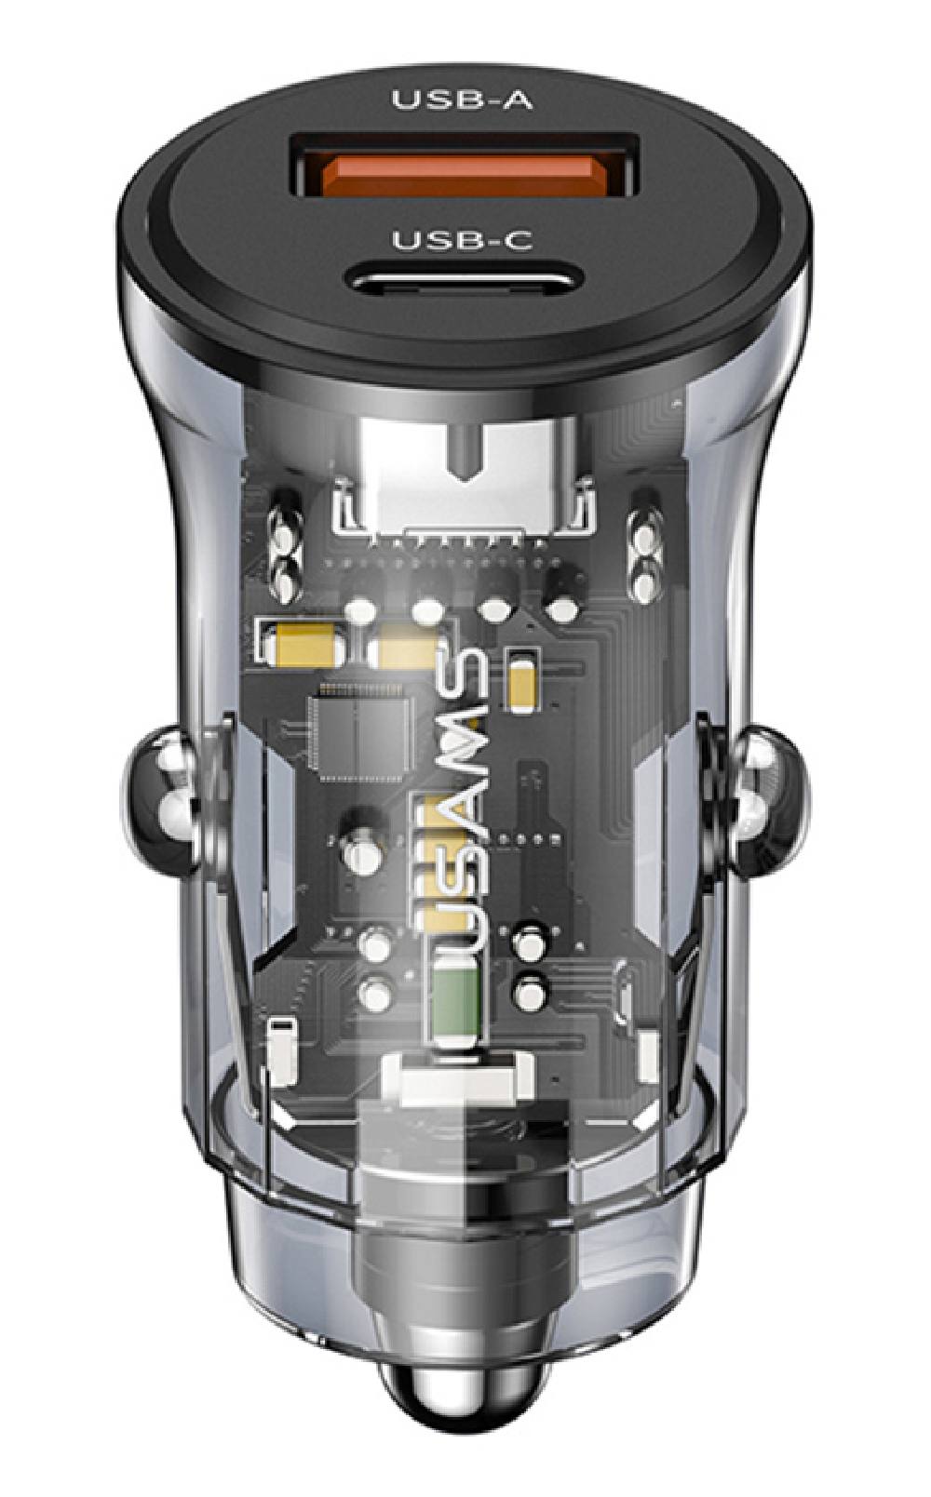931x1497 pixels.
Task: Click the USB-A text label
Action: [x=463, y=100]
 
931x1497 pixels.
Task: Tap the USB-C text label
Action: [x=463, y=241]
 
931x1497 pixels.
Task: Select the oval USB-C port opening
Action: [x=465, y=277]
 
